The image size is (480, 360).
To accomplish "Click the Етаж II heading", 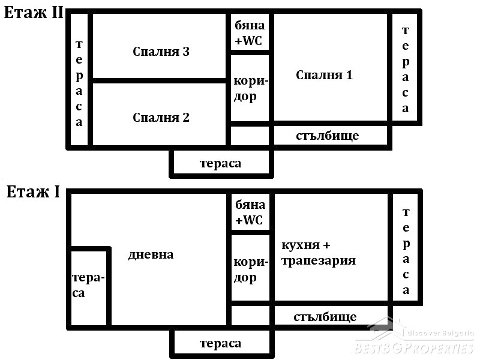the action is coord(33,13).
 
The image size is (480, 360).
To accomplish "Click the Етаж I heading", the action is coord(33,192).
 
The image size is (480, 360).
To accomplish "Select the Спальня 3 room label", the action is coord(161,52).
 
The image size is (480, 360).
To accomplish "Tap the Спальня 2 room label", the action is coord(161,118).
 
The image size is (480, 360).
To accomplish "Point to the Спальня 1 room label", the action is coord(324,75).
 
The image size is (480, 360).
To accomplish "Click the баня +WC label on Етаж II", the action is coord(250,32).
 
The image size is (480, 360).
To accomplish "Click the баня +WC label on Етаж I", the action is coord(250,212).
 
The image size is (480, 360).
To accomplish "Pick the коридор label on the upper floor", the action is coord(251,89).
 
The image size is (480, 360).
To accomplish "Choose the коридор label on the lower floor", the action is coord(251,271).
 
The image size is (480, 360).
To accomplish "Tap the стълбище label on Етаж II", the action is coord(327,136).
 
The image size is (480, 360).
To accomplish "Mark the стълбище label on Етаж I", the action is coord(325,317).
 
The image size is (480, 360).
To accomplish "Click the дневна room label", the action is coord(151,254).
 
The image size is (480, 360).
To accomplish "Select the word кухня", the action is coord(301,245).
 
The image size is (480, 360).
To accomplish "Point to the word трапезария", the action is coord(319,261).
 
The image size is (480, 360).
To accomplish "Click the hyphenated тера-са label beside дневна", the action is coord(88,285).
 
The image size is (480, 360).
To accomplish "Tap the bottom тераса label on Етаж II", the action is coord(220,163).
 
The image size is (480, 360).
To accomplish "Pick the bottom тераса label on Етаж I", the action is coord(220,343).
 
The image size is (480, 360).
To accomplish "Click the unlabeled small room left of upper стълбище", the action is coord(250,136).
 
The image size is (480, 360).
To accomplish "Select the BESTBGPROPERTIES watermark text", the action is coord(414,348).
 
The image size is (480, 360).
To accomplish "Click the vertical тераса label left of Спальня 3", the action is coord(79,83).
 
